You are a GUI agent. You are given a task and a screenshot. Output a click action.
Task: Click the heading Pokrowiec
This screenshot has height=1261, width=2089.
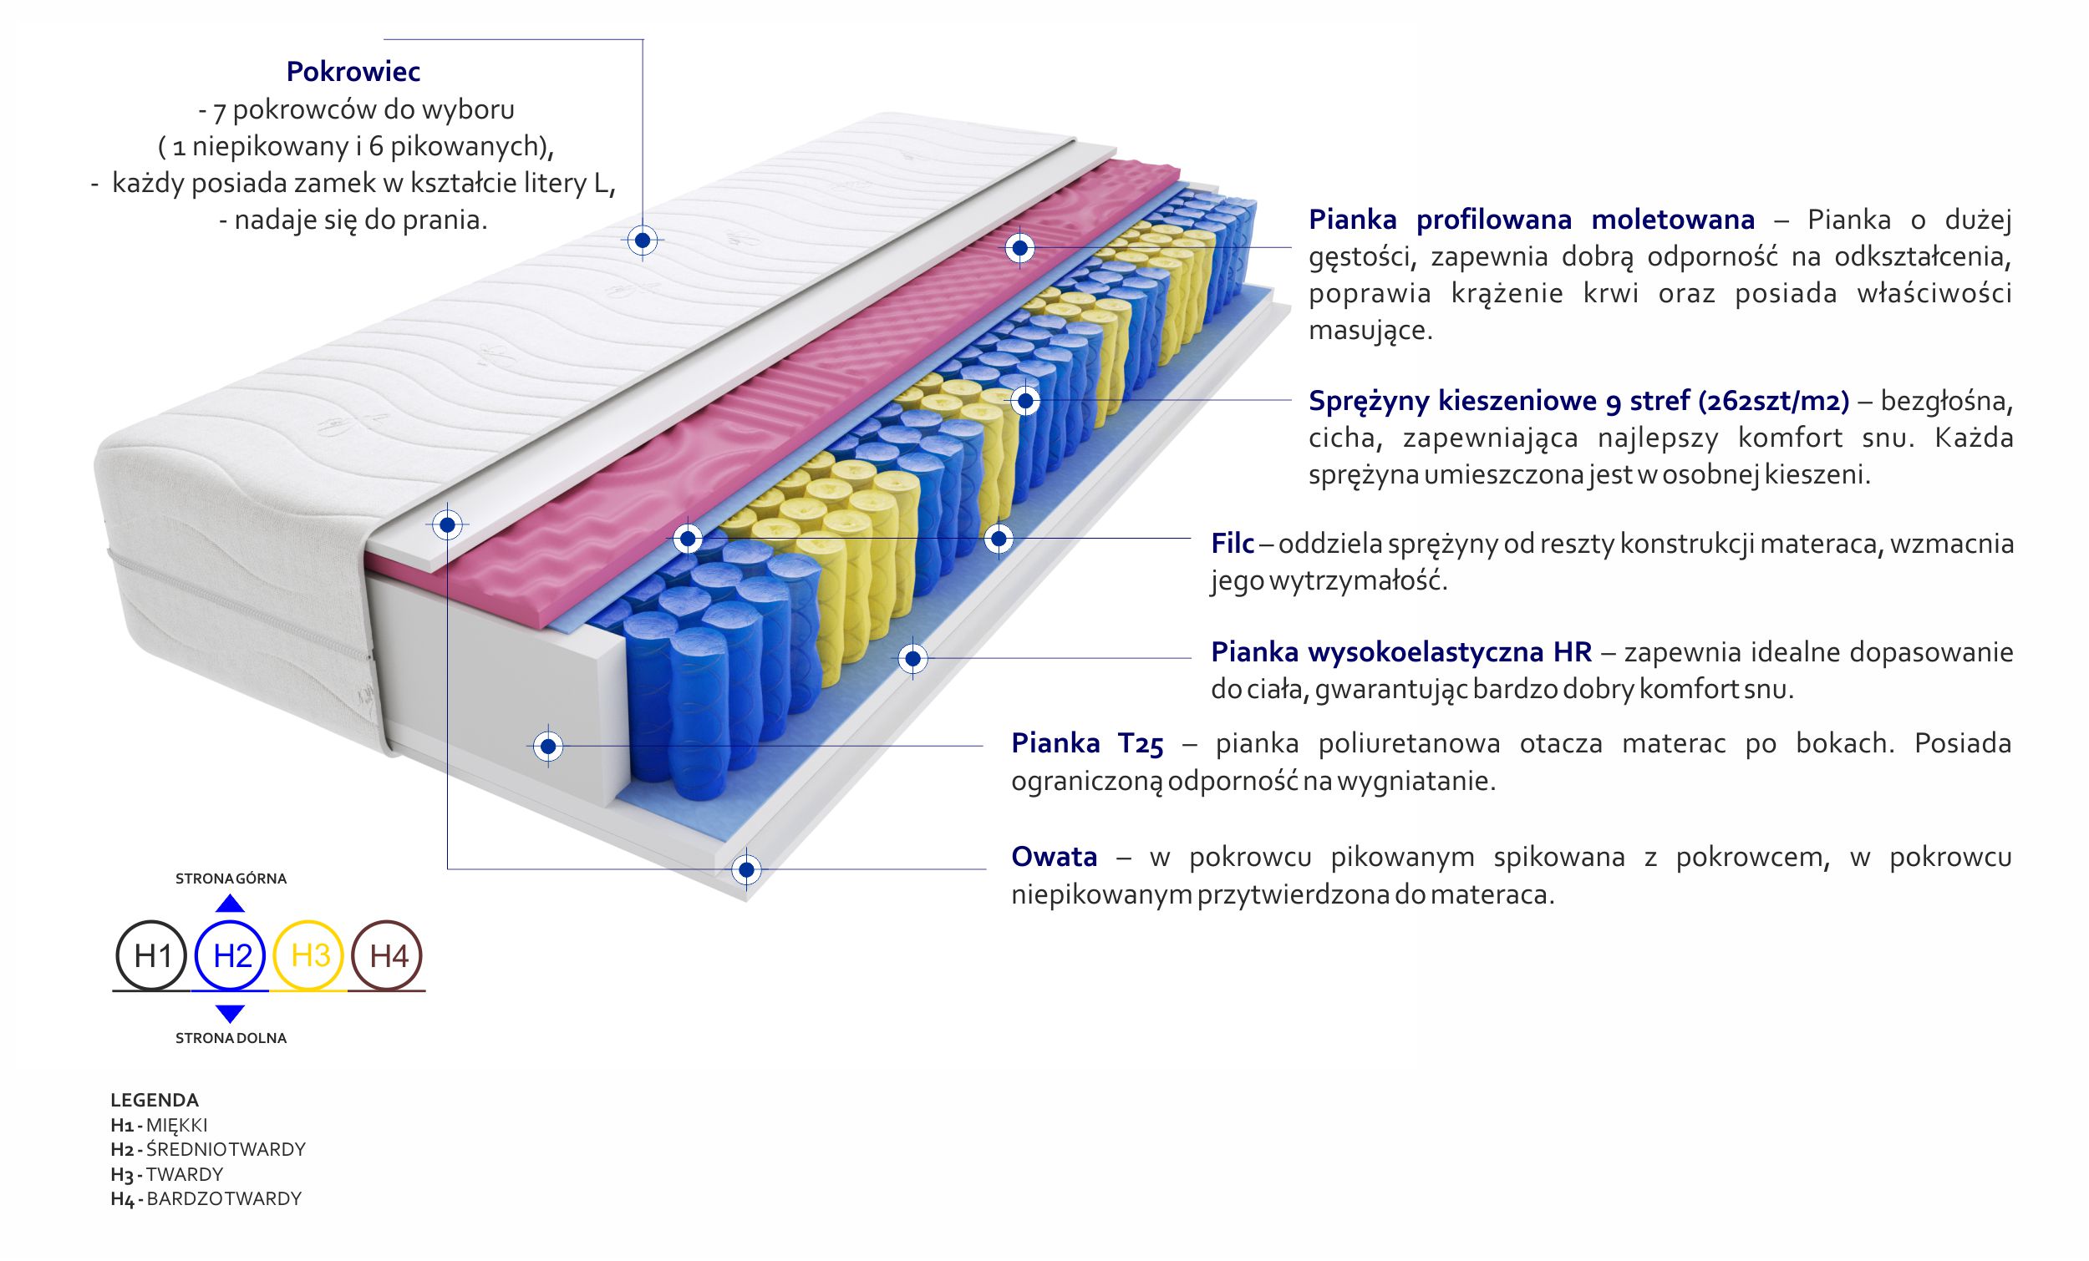pos(353,72)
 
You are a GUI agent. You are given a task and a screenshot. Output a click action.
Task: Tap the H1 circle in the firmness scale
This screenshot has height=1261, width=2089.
pos(151,956)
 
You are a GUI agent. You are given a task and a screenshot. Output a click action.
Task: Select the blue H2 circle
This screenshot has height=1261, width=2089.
pos(231,956)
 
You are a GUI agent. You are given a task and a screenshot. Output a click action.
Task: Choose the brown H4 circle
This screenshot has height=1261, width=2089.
pos(388,956)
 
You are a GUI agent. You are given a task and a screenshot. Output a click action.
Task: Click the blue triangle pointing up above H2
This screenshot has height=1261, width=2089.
pos(231,904)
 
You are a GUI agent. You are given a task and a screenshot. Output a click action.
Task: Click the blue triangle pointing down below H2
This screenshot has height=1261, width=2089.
pos(231,1013)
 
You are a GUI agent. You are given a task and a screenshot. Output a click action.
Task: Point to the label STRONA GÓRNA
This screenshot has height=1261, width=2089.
pos(231,879)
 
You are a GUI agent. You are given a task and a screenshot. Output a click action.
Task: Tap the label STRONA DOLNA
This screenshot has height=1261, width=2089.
pos(231,1038)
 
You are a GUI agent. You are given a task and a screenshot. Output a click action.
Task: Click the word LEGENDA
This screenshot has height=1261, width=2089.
pos(155,1100)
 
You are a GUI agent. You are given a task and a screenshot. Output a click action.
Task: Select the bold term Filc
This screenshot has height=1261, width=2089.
pos(1232,543)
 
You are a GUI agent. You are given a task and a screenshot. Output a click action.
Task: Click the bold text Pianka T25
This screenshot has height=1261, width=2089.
pos(1087,743)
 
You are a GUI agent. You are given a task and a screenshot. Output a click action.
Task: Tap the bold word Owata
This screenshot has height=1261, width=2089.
pos(1054,857)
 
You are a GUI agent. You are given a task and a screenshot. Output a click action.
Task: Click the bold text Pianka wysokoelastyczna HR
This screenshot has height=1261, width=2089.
pos(1400,651)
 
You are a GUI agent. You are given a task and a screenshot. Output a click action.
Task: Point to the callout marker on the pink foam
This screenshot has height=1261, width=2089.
pos(1019,248)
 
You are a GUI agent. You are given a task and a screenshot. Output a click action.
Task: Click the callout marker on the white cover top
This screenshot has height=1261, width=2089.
pos(642,241)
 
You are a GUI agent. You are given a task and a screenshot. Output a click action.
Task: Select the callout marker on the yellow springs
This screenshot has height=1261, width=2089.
pos(1026,401)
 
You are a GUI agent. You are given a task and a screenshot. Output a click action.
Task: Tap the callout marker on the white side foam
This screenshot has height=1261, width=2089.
pos(547,747)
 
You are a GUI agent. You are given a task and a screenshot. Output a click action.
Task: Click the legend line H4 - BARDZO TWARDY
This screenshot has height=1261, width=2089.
pos(206,1198)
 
